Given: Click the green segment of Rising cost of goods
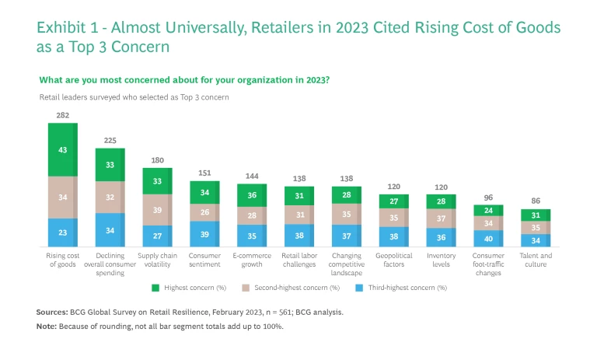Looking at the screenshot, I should pyautogui.click(x=63, y=149).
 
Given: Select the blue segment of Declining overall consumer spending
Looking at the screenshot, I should pyautogui.click(x=110, y=230).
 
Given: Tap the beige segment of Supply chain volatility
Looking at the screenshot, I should pyautogui.click(x=158, y=210).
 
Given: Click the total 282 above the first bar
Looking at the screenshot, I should pyautogui.click(x=63, y=115).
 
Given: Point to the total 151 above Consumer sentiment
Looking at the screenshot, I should pyautogui.click(x=205, y=173).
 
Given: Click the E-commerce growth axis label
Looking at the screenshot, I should pyautogui.click(x=253, y=260).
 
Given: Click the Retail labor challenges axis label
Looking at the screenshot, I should pyautogui.click(x=300, y=260).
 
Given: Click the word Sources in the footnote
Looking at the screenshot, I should pyautogui.click(x=51, y=312).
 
